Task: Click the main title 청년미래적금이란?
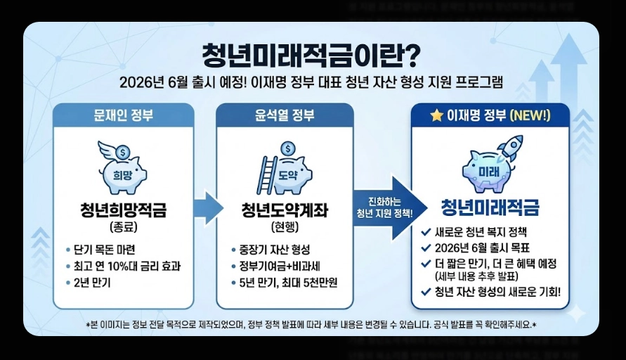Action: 311,55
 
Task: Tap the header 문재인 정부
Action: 123,115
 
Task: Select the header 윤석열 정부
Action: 285,115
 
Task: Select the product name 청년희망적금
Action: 123,210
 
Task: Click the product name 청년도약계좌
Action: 285,210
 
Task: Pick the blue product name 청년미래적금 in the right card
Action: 490,207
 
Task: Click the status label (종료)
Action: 123,226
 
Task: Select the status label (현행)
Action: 285,226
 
